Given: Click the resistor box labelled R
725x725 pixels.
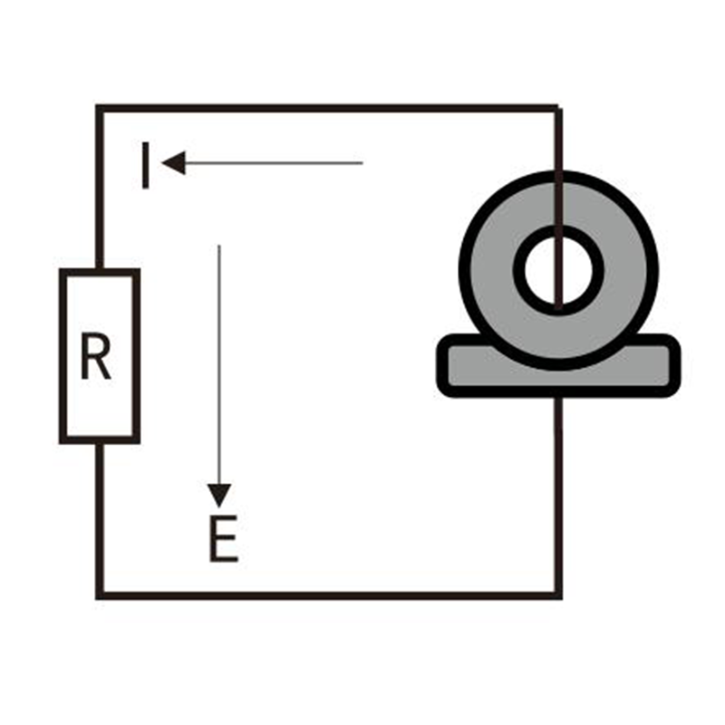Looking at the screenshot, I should tap(100, 356).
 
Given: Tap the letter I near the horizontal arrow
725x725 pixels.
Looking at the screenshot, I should tap(145, 164).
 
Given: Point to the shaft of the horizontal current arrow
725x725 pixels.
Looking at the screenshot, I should tap(272, 163).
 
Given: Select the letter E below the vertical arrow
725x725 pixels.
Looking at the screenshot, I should tap(223, 541).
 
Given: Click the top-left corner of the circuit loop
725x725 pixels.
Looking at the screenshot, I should tap(99, 108).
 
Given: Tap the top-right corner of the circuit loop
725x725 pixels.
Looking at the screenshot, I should tap(557, 109).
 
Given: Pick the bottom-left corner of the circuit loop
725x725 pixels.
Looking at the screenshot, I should tap(99, 595).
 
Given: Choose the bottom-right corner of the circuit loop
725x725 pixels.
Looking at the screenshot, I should tap(558, 595).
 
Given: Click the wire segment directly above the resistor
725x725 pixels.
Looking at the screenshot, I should tap(99, 190).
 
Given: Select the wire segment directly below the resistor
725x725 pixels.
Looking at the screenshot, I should tap(99, 517).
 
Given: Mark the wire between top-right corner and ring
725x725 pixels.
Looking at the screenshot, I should tap(558, 140).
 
